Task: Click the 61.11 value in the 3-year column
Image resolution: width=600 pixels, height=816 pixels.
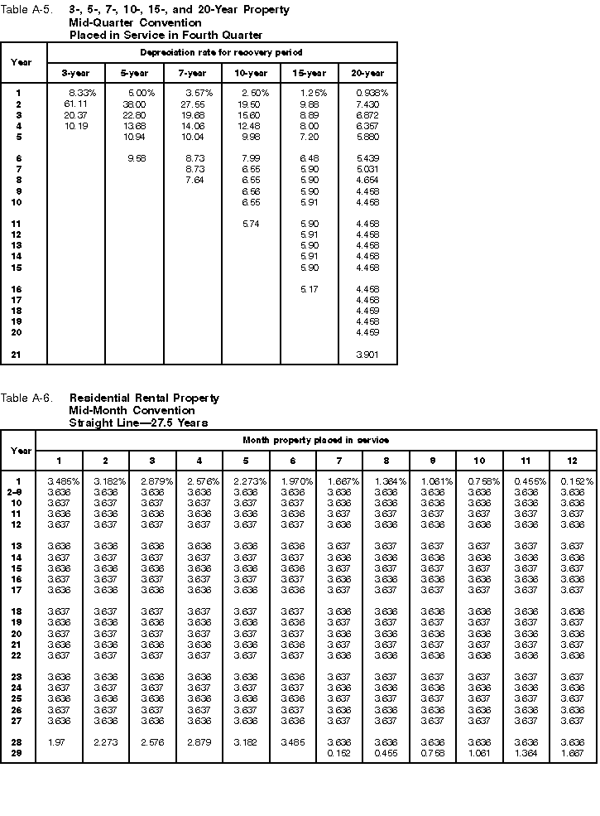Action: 76,104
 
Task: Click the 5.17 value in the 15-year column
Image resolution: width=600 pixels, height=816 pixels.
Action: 309,289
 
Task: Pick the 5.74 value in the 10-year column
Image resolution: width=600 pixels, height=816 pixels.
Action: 251,224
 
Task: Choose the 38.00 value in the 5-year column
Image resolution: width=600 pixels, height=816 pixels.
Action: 134,104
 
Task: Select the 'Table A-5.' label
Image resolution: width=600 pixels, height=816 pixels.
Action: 26,10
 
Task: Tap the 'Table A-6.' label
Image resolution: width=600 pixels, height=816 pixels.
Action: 26,398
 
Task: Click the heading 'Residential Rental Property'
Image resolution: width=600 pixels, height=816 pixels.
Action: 144,398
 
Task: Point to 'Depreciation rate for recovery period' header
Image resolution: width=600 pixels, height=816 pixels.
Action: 222,52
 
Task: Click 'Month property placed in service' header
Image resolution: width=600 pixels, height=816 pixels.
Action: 315,440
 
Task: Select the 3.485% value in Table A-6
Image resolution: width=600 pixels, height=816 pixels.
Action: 59,480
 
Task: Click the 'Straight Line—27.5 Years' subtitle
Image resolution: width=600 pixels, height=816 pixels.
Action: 138,422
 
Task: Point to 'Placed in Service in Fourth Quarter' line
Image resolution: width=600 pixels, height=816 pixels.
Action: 166,35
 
